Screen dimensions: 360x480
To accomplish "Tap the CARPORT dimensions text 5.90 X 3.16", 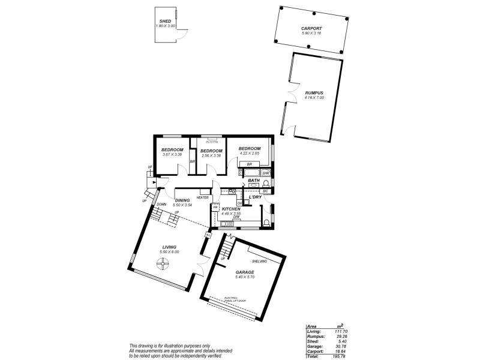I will (x=311, y=34).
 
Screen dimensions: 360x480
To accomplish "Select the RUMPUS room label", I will (x=314, y=92).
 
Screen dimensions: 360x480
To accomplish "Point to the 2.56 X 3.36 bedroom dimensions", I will (x=211, y=155).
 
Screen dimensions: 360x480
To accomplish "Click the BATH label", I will (x=254, y=181).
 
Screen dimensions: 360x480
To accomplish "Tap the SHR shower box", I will (x=266, y=173).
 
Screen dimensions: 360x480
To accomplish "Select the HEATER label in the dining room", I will (x=202, y=197).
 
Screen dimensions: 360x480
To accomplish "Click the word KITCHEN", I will (x=231, y=209).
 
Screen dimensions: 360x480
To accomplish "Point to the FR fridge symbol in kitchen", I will (x=215, y=208).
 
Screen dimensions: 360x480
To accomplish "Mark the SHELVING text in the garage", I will (x=260, y=262).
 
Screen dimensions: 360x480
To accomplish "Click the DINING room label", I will (x=182, y=200).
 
